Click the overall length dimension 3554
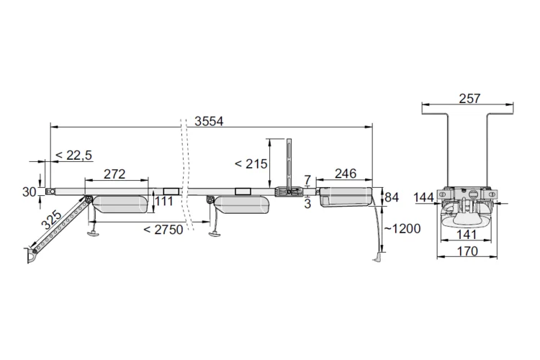pos(209,121)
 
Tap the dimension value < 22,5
pos(73,156)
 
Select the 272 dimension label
pos(114,174)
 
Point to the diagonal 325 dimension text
pos(51,220)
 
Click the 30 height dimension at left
pos(30,192)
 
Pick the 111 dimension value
pos(164,201)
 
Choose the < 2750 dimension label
pos(163,230)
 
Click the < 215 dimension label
pos(251,164)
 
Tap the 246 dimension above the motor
pos(346,174)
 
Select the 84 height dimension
pos(392,197)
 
